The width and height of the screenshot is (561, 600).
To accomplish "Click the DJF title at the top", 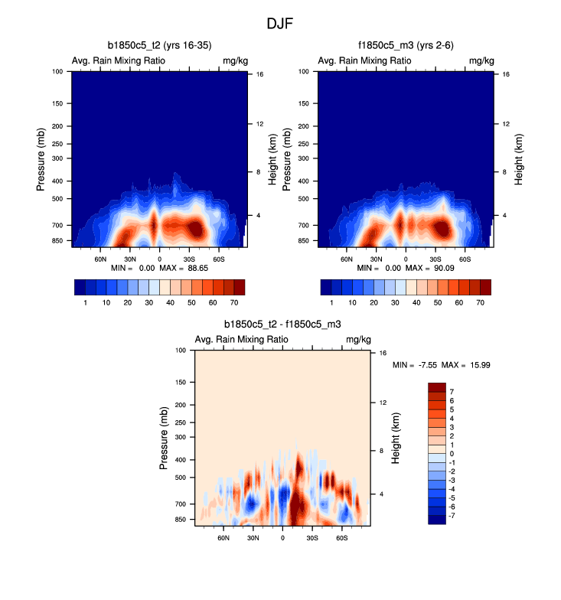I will coord(279,24).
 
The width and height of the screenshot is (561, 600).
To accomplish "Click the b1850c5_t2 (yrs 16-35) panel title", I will coord(159,46).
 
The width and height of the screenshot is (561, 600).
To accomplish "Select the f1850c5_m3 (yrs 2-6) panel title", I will coord(405,46).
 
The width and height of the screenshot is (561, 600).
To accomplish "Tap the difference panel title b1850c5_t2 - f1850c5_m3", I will coord(282,324).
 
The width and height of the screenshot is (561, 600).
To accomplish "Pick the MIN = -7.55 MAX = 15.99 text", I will coord(441,365).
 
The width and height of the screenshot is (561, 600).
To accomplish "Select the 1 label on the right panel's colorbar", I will coord(331,303).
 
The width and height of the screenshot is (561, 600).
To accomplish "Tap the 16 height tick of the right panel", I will coord(506,74).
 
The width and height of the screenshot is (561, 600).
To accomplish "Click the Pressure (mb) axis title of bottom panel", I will coord(165,438).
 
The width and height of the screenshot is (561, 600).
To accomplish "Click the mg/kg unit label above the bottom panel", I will coord(358,339).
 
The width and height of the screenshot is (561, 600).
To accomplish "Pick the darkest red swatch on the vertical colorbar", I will coord(437,386).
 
